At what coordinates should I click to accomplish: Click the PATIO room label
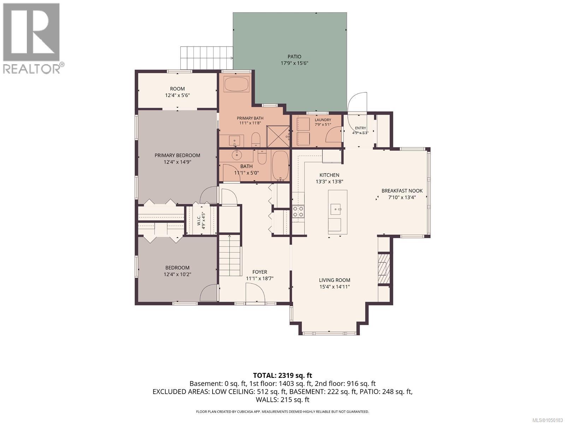pyautogui.click(x=294, y=56)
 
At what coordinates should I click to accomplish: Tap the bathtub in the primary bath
pyautogui.click(x=236, y=84)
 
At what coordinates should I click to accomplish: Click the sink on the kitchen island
pyautogui.click(x=336, y=209)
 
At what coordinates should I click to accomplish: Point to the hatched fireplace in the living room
pyautogui.click(x=383, y=269)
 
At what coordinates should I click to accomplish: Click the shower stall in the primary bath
pyautogui.click(x=278, y=136)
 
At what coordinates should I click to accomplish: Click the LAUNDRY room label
pyautogui.click(x=323, y=120)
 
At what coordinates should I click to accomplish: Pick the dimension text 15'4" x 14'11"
pyautogui.click(x=334, y=287)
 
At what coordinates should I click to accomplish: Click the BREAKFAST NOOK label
pyautogui.click(x=402, y=191)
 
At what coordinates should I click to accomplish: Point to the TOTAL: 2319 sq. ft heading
pyautogui.click(x=282, y=375)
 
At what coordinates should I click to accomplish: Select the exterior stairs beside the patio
pyautogui.click(x=207, y=58)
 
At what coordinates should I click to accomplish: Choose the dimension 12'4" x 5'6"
pyautogui.click(x=177, y=95)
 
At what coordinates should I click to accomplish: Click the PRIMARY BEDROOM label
pyautogui.click(x=177, y=155)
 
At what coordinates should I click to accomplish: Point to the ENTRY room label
pyautogui.click(x=361, y=128)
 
